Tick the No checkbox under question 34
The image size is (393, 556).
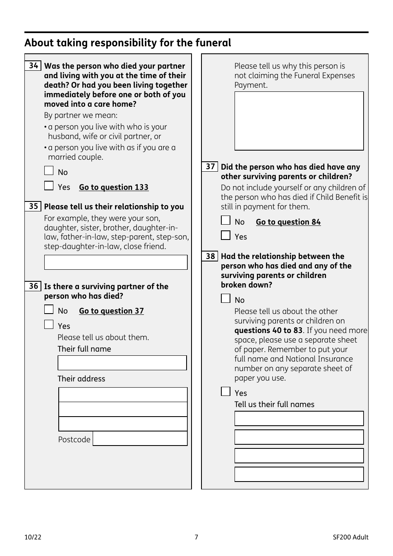49,171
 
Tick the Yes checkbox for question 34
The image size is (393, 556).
49,186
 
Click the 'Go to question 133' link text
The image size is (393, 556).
113,187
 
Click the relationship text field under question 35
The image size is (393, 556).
116,262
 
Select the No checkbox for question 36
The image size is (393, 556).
49,309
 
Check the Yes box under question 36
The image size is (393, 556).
49,325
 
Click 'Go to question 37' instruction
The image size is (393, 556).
111,311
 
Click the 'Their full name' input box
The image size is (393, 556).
122,363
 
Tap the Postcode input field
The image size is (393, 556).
140,439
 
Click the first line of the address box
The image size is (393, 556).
123,395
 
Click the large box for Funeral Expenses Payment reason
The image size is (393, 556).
299,121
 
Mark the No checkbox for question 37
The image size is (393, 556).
225,220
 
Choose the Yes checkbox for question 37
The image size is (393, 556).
225,235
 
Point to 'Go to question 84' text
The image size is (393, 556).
288,222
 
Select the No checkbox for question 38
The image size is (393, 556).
225,299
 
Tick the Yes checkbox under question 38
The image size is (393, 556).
225,392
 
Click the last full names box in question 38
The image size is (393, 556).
299,474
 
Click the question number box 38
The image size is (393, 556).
210,256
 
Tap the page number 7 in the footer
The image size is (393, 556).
196,537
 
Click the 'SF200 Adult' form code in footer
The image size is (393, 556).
350,537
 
